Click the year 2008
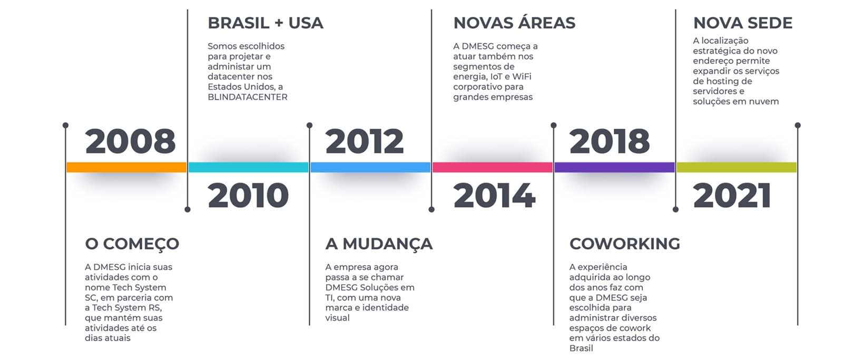[x=130, y=141]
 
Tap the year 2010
[x=248, y=196]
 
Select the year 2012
[x=365, y=141]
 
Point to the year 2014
[x=494, y=196]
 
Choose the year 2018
[x=610, y=141]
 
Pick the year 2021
[x=732, y=196]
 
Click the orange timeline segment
[x=126, y=167]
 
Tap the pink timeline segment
[x=493, y=167]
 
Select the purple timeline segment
[x=614, y=167]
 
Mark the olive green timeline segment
[x=737, y=167]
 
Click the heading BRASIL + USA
[x=266, y=23]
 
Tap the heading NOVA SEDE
[x=743, y=23]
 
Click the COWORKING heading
[x=625, y=244]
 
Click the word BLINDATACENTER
[x=248, y=97]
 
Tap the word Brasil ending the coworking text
[x=581, y=348]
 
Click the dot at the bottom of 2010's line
[x=188, y=210]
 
